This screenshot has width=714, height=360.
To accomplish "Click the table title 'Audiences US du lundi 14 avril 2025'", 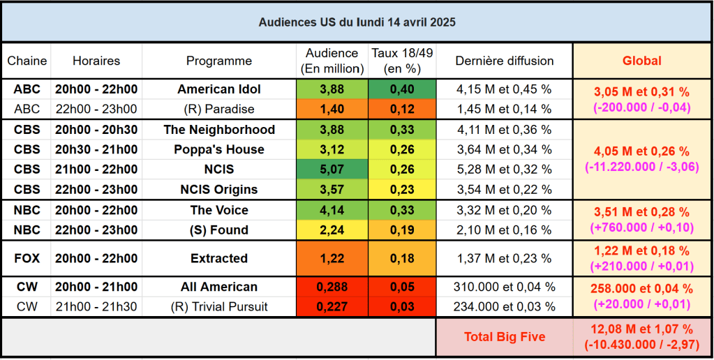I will tap(357, 22).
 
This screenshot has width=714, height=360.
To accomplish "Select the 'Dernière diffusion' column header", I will tap(504, 61).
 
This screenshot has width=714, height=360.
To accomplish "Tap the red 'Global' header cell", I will tap(642, 61).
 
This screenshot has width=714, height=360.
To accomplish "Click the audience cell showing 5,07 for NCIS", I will tap(332, 170).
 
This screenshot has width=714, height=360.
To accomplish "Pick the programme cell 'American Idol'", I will tap(218, 89).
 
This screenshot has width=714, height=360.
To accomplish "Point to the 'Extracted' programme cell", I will tap(218, 258).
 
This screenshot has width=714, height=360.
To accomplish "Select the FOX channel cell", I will tap(27, 258).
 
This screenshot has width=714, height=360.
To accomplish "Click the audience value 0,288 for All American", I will tap(332, 287).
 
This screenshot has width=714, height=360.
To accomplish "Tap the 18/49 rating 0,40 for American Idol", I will tap(402, 89).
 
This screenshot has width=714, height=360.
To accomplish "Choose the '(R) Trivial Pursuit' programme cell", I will tap(218, 306).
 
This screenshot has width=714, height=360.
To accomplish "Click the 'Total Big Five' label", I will tap(505, 337).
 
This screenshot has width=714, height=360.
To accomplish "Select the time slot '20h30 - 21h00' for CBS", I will tap(96, 149).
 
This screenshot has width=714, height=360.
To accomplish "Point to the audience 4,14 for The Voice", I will tap(332, 210).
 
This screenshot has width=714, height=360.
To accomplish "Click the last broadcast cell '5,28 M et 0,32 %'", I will tap(504, 170).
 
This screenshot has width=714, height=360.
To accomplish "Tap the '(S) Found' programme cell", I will tap(218, 230).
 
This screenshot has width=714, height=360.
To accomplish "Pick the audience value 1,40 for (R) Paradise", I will tap(332, 109).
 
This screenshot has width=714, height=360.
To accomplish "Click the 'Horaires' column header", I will tap(96, 61).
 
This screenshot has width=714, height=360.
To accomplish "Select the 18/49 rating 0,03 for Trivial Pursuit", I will tap(402, 306).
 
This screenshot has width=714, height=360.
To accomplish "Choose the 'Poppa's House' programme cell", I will tap(218, 149).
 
